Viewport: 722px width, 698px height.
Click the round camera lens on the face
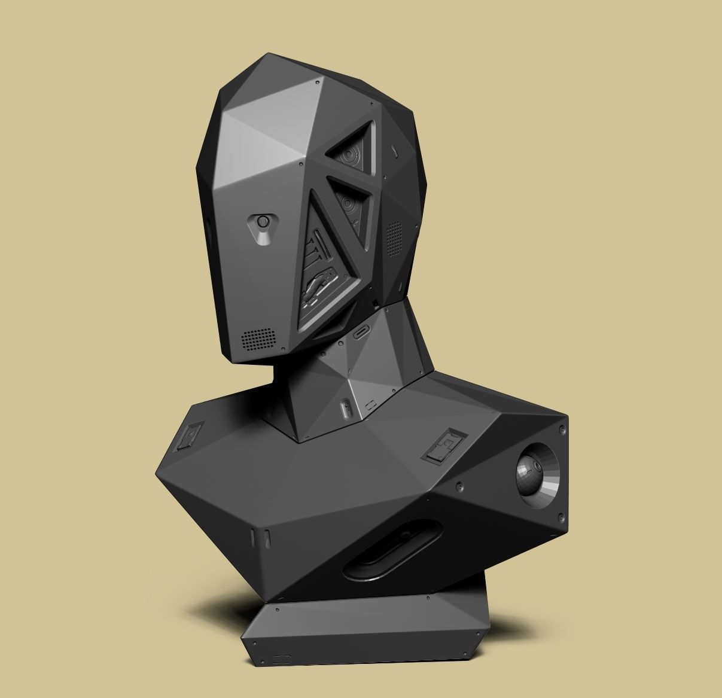tap(263, 222)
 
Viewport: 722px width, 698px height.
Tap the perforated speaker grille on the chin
tap(259, 339)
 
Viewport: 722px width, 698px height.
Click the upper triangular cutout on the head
tap(351, 153)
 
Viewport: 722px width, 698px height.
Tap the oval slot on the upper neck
tap(362, 332)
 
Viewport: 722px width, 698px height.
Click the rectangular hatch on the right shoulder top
tap(443, 446)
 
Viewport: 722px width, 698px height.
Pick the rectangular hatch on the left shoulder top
tap(189, 435)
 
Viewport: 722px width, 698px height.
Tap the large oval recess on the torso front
tap(393, 551)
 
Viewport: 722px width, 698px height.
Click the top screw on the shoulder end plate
tap(562, 429)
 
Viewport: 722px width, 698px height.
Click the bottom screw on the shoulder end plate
tap(561, 517)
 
